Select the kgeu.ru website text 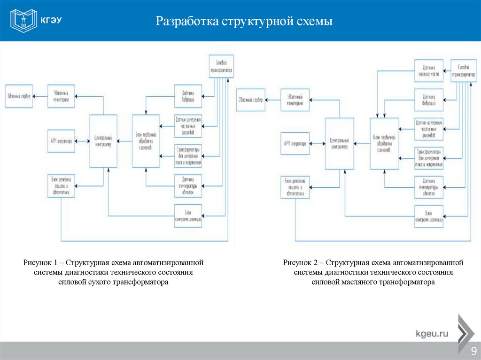[432, 334]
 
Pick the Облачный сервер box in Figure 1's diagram [19, 96]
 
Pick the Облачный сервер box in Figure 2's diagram [250, 100]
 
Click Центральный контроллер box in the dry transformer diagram [103, 141]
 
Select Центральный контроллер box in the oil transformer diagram [340, 143]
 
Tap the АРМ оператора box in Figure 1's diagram [61, 141]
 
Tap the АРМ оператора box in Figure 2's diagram [295, 145]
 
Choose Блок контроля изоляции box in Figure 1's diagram [188, 216]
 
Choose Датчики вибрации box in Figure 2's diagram [428, 99]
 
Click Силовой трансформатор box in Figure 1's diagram [221, 66]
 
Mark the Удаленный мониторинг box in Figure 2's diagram [295, 100]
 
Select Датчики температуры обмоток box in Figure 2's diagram [428, 187]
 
